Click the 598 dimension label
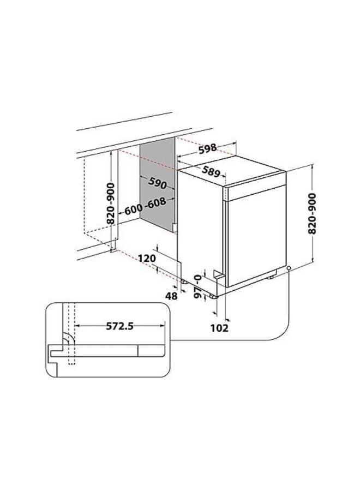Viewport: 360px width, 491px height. [207, 148]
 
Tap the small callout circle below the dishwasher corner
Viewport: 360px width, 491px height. [287, 268]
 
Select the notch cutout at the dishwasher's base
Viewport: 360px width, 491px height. [219, 276]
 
